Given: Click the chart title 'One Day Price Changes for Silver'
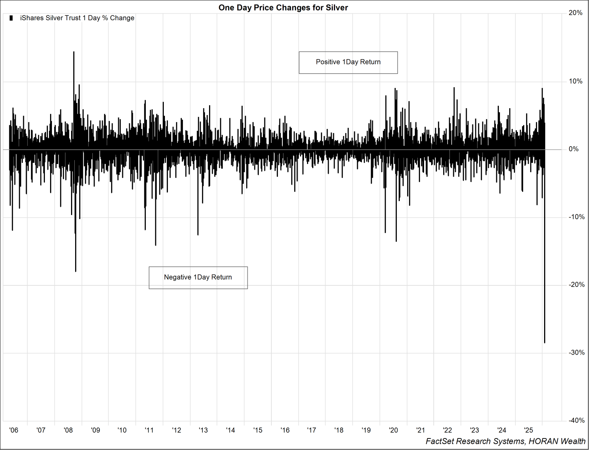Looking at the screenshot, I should (283, 8).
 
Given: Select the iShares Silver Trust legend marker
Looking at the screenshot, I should (11, 18).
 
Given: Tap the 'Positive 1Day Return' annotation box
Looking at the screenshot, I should (348, 62).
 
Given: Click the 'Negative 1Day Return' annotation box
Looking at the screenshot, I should (198, 277).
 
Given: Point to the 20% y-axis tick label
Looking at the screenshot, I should (575, 13).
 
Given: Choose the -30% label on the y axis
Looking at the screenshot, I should (576, 352).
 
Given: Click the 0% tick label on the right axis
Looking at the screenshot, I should (574, 149).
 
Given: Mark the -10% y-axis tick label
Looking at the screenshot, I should (576, 217).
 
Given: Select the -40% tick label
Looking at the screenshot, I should (576, 420).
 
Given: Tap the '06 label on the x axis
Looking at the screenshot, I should (14, 430).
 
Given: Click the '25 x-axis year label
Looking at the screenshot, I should (529, 430).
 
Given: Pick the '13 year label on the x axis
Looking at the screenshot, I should (203, 430).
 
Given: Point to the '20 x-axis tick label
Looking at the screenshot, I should (393, 430).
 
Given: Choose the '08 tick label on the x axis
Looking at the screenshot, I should (68, 430).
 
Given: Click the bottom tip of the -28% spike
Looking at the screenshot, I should (544, 343).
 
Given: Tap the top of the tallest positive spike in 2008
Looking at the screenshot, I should (74, 52).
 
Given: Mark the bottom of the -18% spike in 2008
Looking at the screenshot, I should (75, 271).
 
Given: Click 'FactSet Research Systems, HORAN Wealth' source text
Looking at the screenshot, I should (505, 441).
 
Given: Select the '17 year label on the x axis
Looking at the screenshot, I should (311, 430).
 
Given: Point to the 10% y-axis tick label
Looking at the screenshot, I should (575, 81).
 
